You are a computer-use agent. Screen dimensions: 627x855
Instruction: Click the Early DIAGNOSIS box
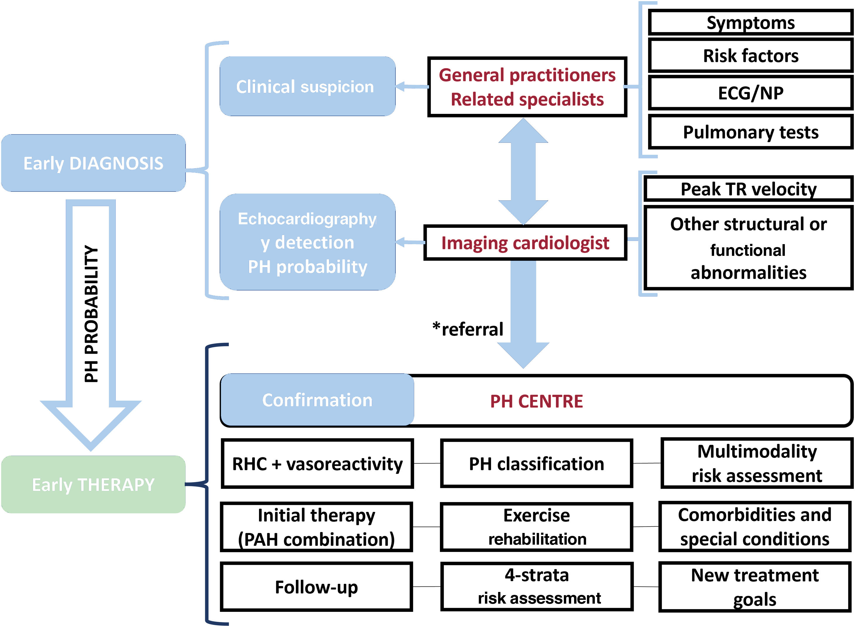pyautogui.click(x=93, y=163)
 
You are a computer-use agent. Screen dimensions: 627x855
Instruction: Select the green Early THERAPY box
pyautogui.click(x=93, y=485)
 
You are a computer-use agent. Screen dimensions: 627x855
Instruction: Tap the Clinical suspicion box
pyautogui.click(x=307, y=86)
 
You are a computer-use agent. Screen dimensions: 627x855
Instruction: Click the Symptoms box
pyautogui.click(x=750, y=23)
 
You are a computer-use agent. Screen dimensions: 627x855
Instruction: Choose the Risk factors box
pyautogui.click(x=750, y=56)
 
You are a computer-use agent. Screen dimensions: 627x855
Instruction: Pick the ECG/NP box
pyautogui.click(x=750, y=93)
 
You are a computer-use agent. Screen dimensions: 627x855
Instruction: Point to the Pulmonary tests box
pyautogui.click(x=750, y=133)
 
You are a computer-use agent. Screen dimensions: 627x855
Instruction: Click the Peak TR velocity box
pyautogui.click(x=748, y=189)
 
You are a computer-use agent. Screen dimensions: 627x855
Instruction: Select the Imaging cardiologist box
pyautogui.click(x=525, y=243)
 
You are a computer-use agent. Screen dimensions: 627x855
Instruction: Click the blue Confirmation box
pyautogui.click(x=317, y=400)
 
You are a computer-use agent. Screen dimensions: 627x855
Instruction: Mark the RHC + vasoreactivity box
pyautogui.click(x=317, y=464)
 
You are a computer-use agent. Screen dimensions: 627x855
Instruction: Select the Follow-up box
pyautogui.click(x=316, y=587)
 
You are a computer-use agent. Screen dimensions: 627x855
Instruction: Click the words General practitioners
pyautogui.click(x=527, y=75)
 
